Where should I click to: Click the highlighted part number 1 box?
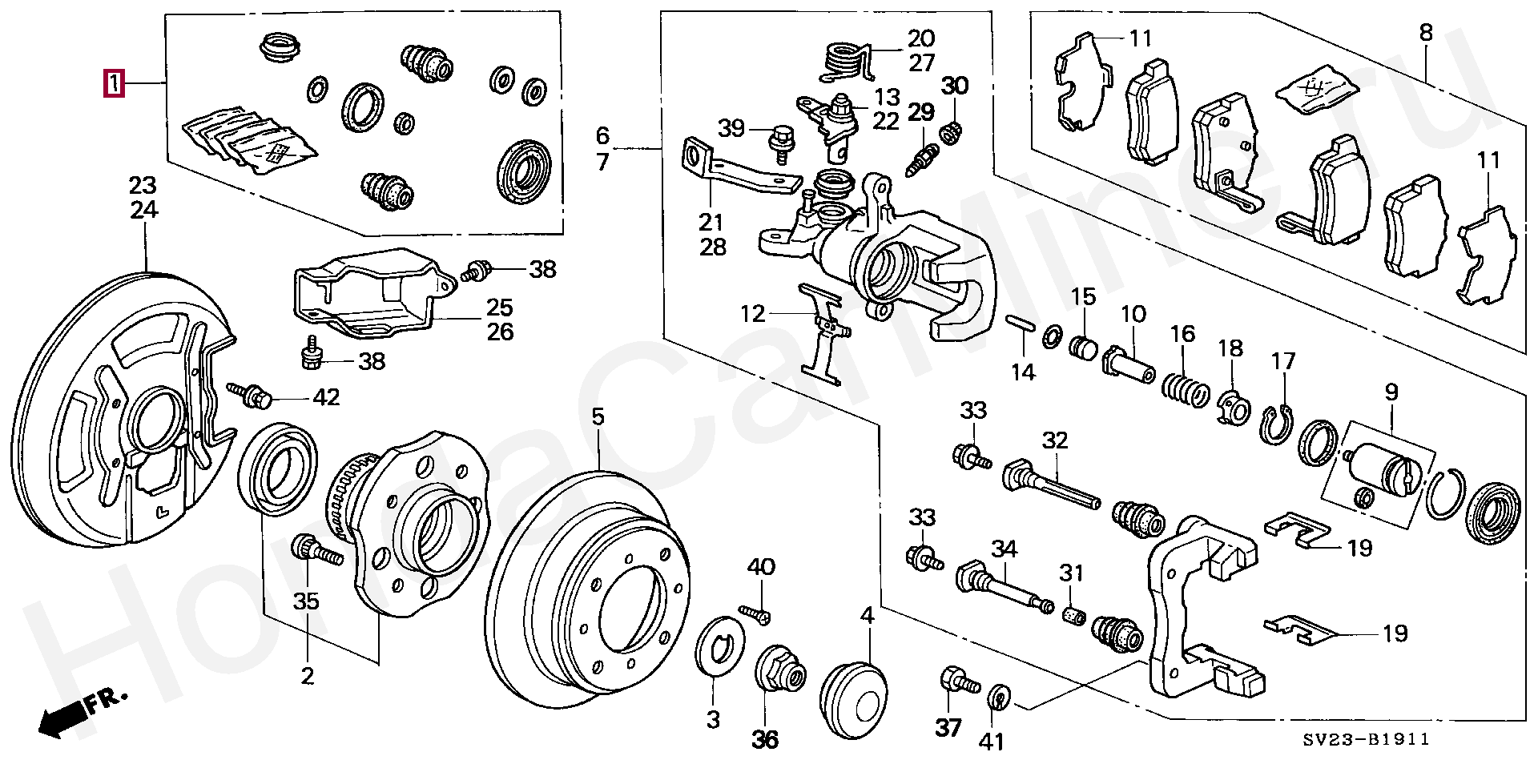[115, 83]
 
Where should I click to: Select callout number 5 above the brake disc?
[598, 416]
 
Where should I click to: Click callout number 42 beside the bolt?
[326, 397]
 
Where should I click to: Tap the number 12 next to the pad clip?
[753, 314]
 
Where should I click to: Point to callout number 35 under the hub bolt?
[307, 601]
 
